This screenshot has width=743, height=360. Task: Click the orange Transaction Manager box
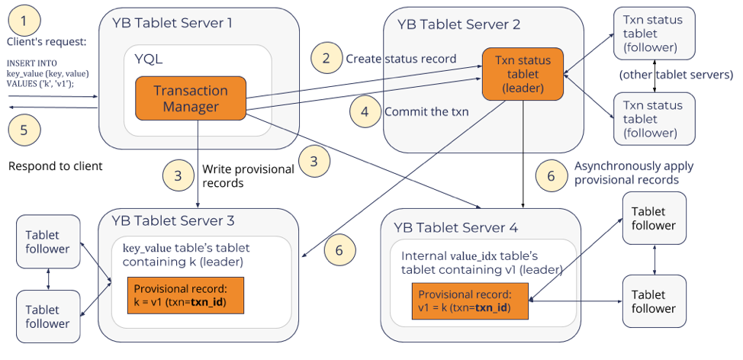(x=191, y=98)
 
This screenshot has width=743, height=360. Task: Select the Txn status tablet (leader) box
(x=523, y=74)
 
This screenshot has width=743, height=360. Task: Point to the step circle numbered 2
(x=326, y=58)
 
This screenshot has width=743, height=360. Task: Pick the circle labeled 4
(x=365, y=111)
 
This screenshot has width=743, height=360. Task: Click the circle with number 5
(x=23, y=130)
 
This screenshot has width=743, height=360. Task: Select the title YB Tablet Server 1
(x=172, y=23)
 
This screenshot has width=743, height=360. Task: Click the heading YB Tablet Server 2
(x=458, y=24)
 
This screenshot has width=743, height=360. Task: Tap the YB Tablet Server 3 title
(x=173, y=221)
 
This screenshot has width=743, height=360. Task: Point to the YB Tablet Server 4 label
(x=455, y=227)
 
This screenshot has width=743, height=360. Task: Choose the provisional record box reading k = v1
(x=185, y=296)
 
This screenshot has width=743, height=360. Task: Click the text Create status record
(x=400, y=59)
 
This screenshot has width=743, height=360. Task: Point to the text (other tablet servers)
(x=676, y=75)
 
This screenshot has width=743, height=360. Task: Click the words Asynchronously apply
(x=634, y=166)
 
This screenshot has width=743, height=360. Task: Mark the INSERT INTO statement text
(x=47, y=73)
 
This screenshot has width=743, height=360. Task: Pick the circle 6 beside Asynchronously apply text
(x=551, y=175)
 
